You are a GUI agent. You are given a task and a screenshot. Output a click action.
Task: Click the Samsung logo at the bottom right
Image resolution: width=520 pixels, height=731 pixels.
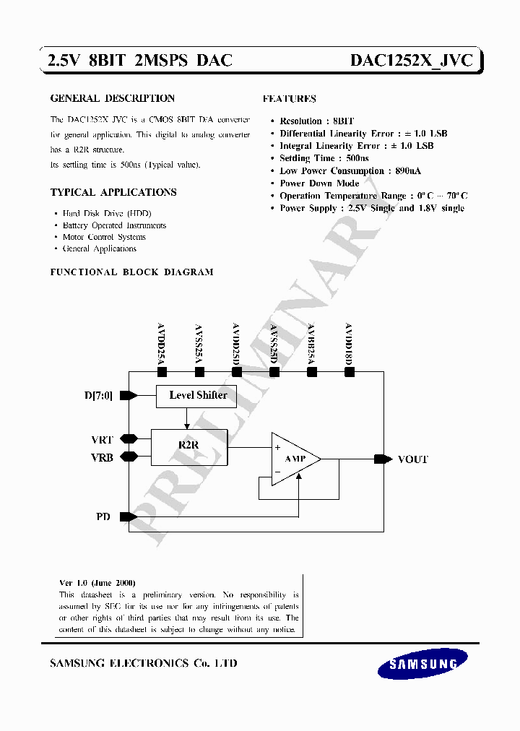click(x=423, y=664)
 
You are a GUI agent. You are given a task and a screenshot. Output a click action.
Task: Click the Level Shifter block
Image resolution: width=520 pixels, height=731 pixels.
click(x=197, y=395)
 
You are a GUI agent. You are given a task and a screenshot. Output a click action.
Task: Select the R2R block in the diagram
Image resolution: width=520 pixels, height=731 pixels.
click(x=188, y=446)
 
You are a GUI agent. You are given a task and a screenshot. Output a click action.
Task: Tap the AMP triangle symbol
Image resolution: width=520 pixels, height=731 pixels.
click(x=293, y=459)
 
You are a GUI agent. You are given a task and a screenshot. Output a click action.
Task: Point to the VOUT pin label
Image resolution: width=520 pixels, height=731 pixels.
click(x=412, y=459)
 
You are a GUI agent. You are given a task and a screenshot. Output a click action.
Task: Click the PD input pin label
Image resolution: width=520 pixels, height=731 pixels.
click(x=103, y=517)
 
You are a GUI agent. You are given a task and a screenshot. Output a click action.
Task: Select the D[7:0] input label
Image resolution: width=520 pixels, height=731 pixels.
click(x=99, y=395)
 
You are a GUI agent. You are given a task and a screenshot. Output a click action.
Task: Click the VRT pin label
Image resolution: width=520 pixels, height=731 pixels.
click(x=102, y=439)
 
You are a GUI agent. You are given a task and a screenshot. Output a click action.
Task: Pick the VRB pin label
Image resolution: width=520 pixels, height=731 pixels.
click(x=102, y=457)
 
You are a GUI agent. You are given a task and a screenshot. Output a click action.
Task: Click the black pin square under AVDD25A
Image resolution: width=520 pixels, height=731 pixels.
click(x=162, y=372)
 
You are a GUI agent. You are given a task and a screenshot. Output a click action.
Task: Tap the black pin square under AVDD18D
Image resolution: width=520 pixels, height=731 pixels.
click(x=350, y=372)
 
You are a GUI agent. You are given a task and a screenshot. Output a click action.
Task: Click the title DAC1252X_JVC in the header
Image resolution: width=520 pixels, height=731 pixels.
click(x=411, y=61)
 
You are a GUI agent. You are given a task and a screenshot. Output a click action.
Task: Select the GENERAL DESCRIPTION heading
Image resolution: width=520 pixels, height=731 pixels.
click(x=112, y=98)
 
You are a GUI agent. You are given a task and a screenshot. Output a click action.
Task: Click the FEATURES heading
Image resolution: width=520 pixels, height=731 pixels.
click(x=289, y=98)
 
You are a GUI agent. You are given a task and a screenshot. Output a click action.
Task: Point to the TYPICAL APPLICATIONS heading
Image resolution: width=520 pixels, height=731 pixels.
click(x=113, y=192)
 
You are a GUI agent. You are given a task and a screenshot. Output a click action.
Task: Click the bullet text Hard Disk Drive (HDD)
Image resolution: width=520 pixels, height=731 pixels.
click(x=107, y=214)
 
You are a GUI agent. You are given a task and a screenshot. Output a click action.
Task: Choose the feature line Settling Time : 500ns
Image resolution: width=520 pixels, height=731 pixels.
click(x=324, y=158)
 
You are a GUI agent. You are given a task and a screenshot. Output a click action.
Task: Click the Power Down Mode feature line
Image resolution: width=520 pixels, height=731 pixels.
click(x=318, y=183)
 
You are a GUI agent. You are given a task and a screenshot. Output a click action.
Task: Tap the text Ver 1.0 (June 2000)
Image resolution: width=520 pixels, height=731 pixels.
click(x=97, y=583)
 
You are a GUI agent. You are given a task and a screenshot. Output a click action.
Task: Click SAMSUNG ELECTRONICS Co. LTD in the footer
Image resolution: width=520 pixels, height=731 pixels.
click(x=143, y=663)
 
